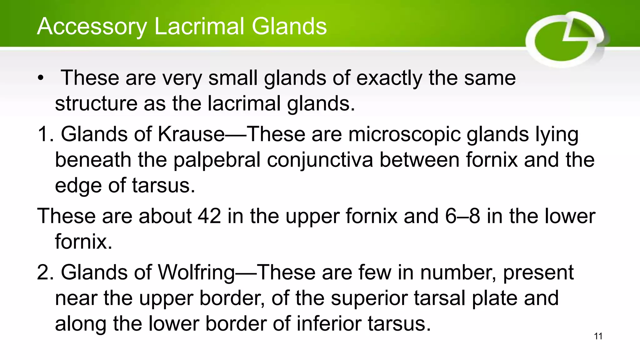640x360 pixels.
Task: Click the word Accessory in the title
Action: (92, 27)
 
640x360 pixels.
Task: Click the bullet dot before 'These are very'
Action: (40, 78)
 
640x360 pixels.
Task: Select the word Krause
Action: (191, 134)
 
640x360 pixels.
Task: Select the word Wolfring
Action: (196, 272)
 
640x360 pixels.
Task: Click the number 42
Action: (209, 216)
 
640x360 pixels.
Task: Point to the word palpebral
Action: (217, 160)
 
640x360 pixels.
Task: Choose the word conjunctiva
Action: (320, 160)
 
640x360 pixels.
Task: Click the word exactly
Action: (389, 78)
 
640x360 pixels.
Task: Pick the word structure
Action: (96, 104)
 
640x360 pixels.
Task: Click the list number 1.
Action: (44, 134)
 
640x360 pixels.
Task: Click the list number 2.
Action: (44, 272)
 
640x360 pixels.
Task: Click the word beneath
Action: (93, 160)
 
